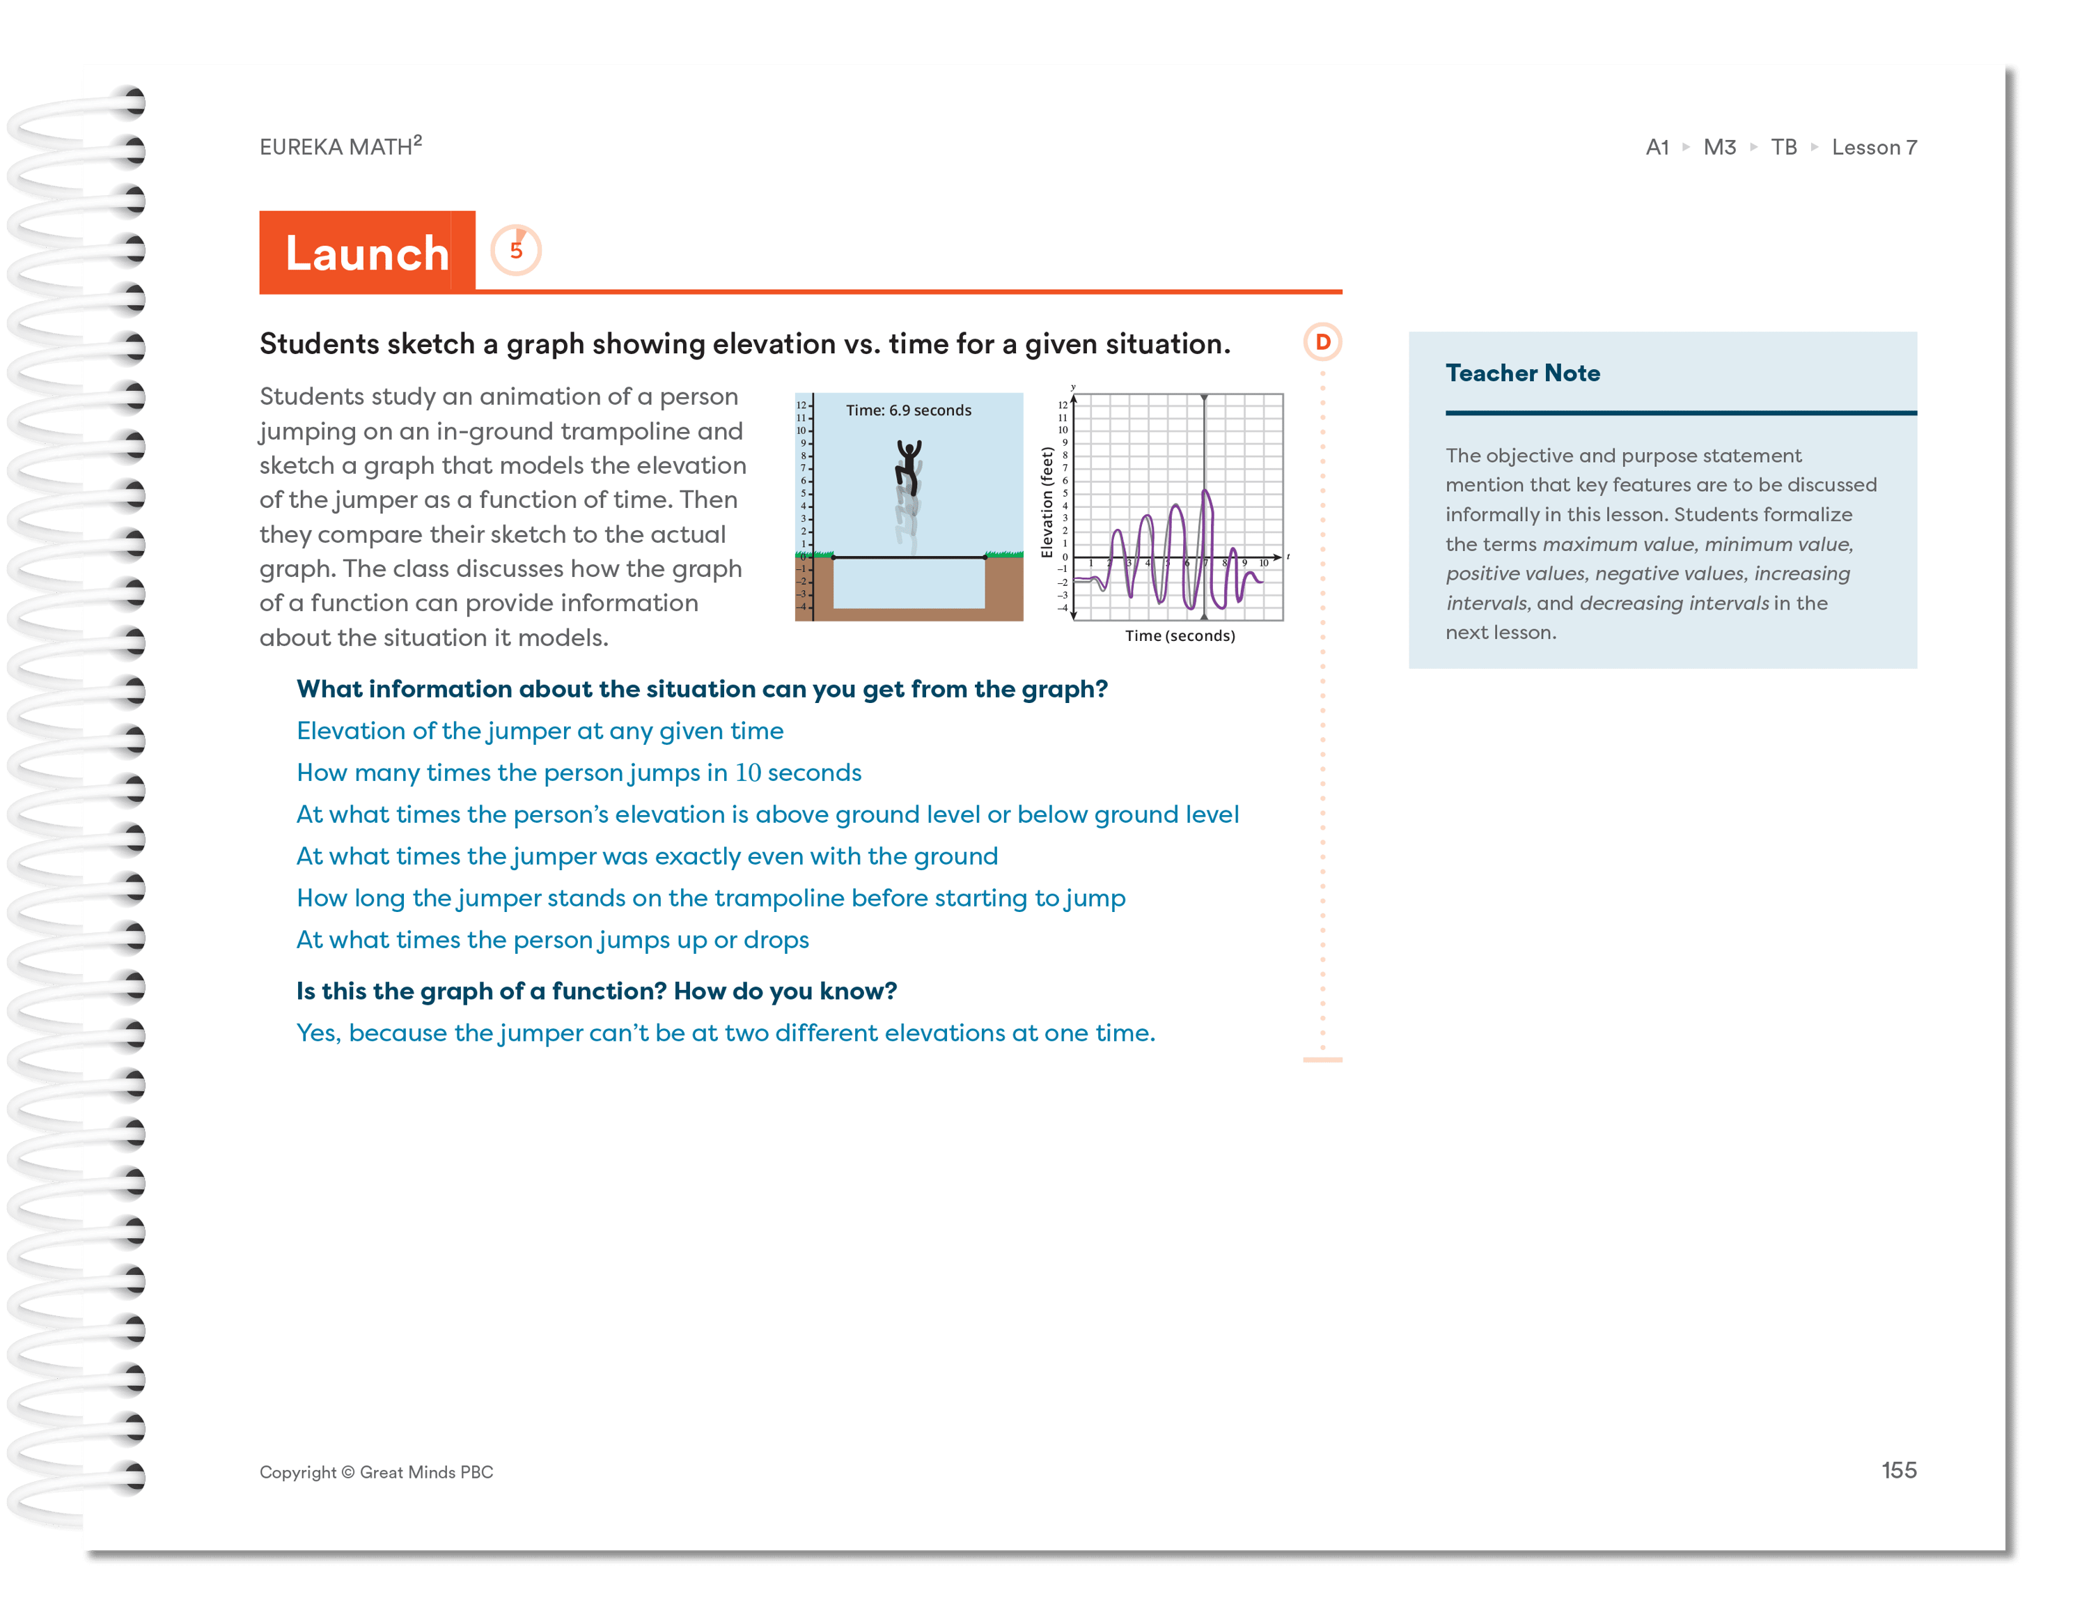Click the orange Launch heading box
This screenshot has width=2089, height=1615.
tap(367, 253)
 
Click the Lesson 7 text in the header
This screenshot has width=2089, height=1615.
tap(1873, 147)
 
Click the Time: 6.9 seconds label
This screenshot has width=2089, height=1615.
tap(908, 410)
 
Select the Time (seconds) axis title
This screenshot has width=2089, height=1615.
tap(1180, 636)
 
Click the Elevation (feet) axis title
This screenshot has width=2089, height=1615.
tap(1047, 502)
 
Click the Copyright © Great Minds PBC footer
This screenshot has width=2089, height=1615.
tap(376, 1471)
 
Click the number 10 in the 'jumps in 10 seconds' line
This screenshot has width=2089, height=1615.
tap(748, 773)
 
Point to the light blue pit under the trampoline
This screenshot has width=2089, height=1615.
tap(908, 584)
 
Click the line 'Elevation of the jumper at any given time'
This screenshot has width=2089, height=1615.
tap(540, 731)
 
